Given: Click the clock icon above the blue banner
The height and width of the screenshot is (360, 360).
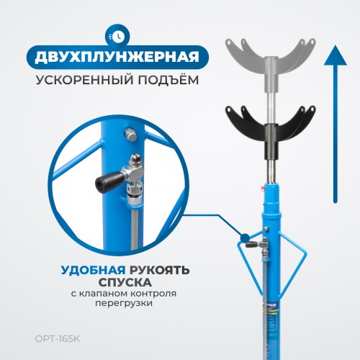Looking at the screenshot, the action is [x=117, y=37].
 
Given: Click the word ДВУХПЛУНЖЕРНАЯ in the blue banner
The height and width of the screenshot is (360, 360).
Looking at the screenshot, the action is [x=117, y=58].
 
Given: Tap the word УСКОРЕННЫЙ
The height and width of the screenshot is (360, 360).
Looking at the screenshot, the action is [x=84, y=80].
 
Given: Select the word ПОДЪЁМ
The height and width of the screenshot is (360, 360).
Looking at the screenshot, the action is [x=168, y=79].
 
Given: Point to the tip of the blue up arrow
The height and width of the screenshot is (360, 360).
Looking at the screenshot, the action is [x=335, y=45].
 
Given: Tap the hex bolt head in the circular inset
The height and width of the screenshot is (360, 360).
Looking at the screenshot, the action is [x=131, y=135].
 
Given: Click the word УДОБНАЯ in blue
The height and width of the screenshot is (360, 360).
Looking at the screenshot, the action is [x=93, y=270].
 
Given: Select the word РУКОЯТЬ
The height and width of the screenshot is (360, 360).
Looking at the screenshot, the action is [x=160, y=270].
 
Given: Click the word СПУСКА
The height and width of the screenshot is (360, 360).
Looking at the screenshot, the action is [x=125, y=282].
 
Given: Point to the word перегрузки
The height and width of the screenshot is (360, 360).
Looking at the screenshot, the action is [x=124, y=303].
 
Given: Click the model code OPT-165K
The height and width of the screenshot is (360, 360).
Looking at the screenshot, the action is [x=58, y=339].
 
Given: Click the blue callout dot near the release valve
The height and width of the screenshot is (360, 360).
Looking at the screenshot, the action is [x=245, y=238].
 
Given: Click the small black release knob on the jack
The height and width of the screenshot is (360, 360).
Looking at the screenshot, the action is [x=251, y=245].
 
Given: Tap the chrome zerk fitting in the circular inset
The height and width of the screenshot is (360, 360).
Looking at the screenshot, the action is [x=136, y=160].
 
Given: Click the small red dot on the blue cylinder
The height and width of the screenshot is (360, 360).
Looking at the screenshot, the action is [x=264, y=189].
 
